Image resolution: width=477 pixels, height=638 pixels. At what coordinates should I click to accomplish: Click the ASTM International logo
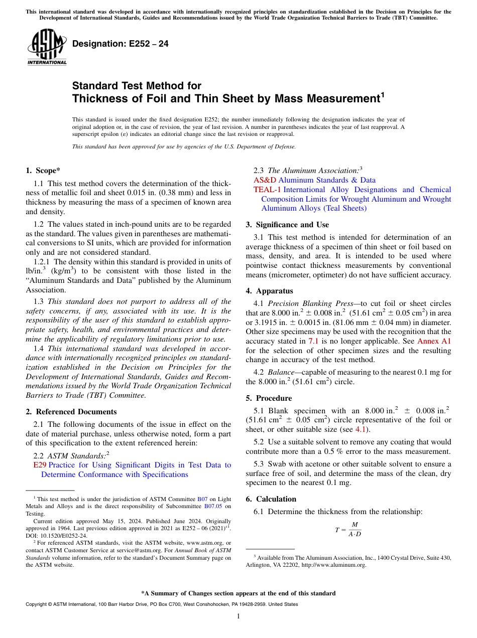(x=46, y=47)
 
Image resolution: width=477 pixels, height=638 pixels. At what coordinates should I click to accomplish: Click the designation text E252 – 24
(x=121, y=44)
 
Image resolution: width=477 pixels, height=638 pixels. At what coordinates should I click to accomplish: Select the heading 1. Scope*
(x=43, y=171)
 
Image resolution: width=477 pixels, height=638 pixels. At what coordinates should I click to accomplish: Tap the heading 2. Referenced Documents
(x=71, y=412)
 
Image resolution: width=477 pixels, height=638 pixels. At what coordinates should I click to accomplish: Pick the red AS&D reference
(x=265, y=180)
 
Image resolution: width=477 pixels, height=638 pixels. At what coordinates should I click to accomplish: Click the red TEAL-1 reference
(x=267, y=190)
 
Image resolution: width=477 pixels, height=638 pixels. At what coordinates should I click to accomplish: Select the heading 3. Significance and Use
(x=287, y=225)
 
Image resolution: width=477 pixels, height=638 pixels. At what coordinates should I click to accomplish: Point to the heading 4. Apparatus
(x=269, y=291)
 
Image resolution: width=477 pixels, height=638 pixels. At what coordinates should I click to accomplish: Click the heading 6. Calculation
(x=271, y=499)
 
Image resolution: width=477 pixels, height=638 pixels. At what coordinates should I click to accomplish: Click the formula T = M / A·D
(x=348, y=529)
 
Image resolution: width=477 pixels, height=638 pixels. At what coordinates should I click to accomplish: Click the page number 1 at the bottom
(x=238, y=616)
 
